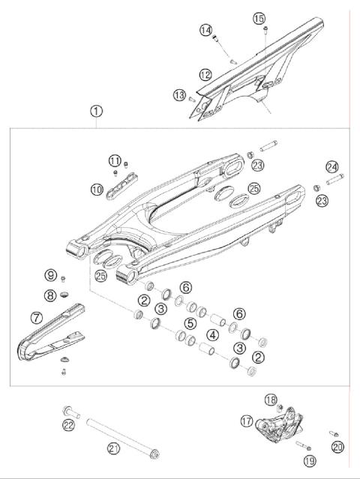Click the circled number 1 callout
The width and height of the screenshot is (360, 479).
pos(97,111)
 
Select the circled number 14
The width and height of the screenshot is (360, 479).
pos(205,30)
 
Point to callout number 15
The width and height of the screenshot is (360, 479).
pos(259,18)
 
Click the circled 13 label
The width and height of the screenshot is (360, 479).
pos(178,94)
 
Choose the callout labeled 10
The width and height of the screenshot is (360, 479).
pos(97,190)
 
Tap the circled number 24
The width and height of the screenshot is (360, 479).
pos(332,166)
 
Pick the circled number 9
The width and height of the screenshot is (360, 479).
pos(50,274)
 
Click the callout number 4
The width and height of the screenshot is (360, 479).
pos(214,334)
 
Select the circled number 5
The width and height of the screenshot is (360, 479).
pos(191,324)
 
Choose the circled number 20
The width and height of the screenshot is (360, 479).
pos(337,448)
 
